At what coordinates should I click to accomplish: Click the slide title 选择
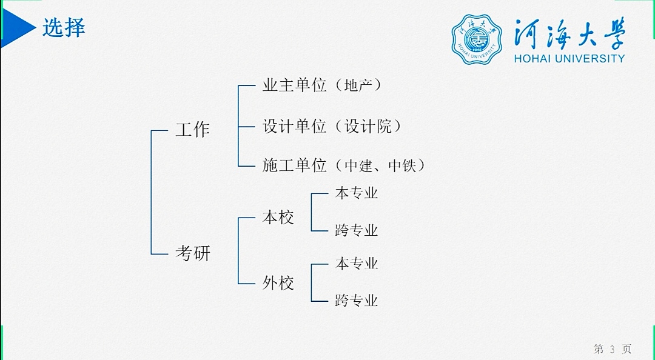[x=63, y=27]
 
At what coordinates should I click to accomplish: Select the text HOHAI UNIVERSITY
[x=569, y=59]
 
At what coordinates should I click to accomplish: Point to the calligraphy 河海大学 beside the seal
[x=569, y=33]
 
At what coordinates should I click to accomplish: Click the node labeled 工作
[x=192, y=130]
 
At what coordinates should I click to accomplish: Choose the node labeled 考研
[x=193, y=253]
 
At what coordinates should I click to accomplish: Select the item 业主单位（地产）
[x=323, y=85]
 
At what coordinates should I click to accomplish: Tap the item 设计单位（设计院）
[x=332, y=126]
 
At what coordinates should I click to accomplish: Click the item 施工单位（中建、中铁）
[x=344, y=165]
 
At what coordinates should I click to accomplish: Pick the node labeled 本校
[x=278, y=218]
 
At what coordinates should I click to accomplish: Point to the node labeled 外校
[x=278, y=282]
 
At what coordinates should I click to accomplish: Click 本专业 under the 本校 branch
[x=357, y=193]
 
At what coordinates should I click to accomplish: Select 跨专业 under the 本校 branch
[x=357, y=230]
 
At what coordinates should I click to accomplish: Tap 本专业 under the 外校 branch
[x=357, y=264]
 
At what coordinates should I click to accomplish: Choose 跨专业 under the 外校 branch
[x=357, y=300]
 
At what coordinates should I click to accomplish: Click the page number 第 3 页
[x=613, y=348]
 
